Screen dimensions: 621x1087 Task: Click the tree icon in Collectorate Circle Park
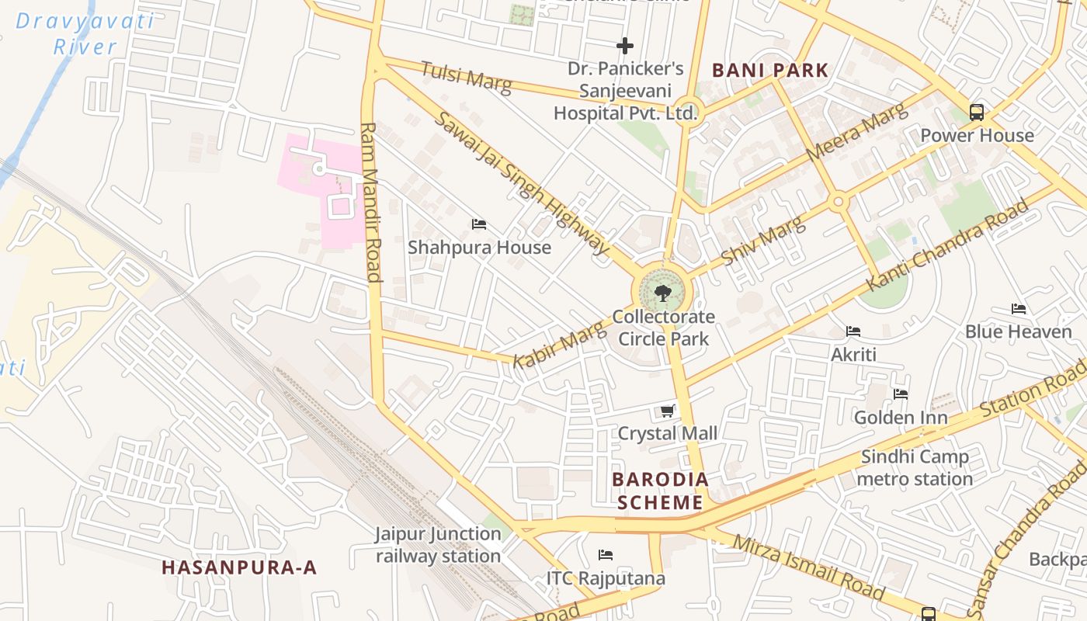pos(662,293)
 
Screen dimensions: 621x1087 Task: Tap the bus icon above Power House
pos(977,113)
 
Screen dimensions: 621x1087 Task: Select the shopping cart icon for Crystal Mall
pos(667,411)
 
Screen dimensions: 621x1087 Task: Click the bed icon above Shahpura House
pos(479,225)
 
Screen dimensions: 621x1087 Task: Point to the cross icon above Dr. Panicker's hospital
pos(625,46)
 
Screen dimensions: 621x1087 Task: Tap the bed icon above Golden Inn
pos(901,394)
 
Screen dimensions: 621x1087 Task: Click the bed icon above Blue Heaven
pos(1019,309)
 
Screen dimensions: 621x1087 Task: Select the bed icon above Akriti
pos(853,331)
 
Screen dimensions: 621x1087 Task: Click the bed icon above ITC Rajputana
pos(606,555)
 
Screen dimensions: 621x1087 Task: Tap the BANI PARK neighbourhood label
pos(770,70)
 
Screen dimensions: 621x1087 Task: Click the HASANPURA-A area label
pos(239,567)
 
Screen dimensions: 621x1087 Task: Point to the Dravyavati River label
pos(85,33)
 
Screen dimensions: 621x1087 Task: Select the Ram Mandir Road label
pos(371,202)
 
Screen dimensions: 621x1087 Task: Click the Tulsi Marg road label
pos(466,78)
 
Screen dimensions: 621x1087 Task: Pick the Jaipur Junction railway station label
pos(439,545)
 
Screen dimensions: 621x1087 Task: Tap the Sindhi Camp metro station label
pos(915,468)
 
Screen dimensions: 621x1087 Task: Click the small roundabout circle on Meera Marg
pos(838,203)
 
